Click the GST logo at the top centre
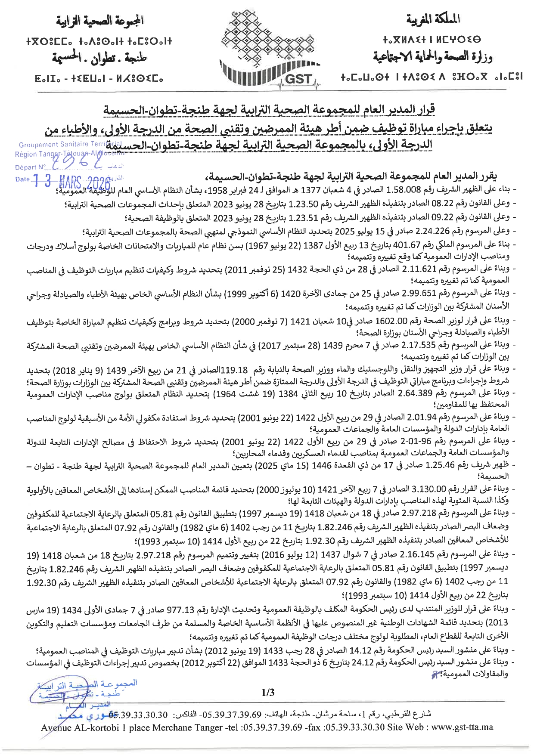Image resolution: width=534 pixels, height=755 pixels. (x=270, y=50)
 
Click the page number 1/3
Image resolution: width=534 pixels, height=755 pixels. (x=267, y=693)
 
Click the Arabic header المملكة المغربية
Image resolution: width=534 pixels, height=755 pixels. (x=432, y=19)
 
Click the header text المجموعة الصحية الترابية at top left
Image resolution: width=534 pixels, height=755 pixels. (x=99, y=20)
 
